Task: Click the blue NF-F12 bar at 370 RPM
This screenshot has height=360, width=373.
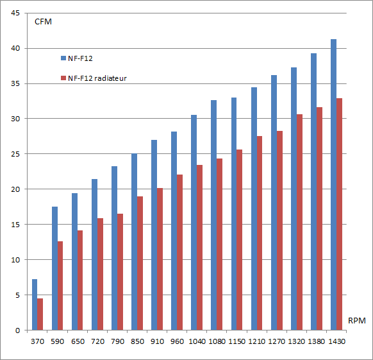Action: pyautogui.click(x=35, y=304)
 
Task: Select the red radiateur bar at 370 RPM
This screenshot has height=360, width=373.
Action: pyautogui.click(x=40, y=314)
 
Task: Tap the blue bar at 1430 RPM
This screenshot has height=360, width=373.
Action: pyautogui.click(x=333, y=185)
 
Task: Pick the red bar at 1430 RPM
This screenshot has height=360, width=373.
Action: pyautogui.click(x=339, y=214)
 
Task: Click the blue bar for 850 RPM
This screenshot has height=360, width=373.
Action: pyautogui.click(x=134, y=242)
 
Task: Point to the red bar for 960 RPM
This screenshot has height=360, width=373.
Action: pyautogui.click(x=179, y=252)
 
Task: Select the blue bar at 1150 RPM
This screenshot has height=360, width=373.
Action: pyautogui.click(x=234, y=214)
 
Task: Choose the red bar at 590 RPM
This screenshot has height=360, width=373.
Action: pyautogui.click(x=60, y=286)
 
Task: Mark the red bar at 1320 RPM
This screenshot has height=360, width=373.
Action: pyautogui.click(x=299, y=222)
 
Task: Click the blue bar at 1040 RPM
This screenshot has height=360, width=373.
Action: pyautogui.click(x=194, y=223)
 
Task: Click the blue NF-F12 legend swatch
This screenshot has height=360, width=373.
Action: pyautogui.click(x=63, y=58)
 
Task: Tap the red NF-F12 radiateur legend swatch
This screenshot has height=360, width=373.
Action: pyautogui.click(x=63, y=78)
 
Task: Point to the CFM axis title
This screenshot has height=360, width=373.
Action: pyautogui.click(x=43, y=22)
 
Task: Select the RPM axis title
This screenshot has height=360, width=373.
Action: pyautogui.click(x=356, y=320)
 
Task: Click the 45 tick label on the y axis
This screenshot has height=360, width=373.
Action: pyautogui.click(x=15, y=13)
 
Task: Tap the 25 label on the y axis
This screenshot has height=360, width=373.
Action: pyautogui.click(x=15, y=154)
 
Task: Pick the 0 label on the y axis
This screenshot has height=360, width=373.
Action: pyautogui.click(x=17, y=330)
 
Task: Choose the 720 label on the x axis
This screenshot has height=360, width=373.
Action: pyautogui.click(x=98, y=341)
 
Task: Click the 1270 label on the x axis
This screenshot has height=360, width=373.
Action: pyautogui.click(x=276, y=341)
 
